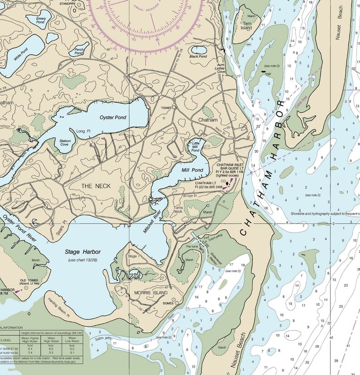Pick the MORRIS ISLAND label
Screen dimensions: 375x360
pos(148,293)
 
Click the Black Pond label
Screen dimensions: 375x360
pos(198,57)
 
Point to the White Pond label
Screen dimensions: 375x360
pos(20,54)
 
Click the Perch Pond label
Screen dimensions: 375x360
pos(79,51)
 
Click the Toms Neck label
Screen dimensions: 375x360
pos(178,210)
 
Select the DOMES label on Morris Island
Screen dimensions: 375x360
pos(169,304)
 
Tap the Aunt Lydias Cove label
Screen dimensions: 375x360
pos(221,68)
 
